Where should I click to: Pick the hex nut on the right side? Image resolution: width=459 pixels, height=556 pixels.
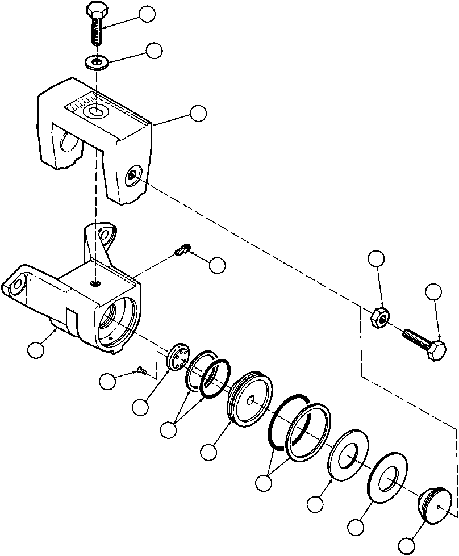pyautogui.click(x=379, y=317)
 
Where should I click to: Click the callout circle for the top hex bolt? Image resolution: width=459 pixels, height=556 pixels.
pyautogui.click(x=148, y=14)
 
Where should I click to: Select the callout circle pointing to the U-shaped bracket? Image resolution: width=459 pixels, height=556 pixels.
pyautogui.click(x=198, y=113)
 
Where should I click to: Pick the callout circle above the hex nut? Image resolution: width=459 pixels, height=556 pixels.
pyautogui.click(x=376, y=259)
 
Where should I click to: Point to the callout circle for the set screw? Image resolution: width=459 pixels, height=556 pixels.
pyautogui.click(x=217, y=265)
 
